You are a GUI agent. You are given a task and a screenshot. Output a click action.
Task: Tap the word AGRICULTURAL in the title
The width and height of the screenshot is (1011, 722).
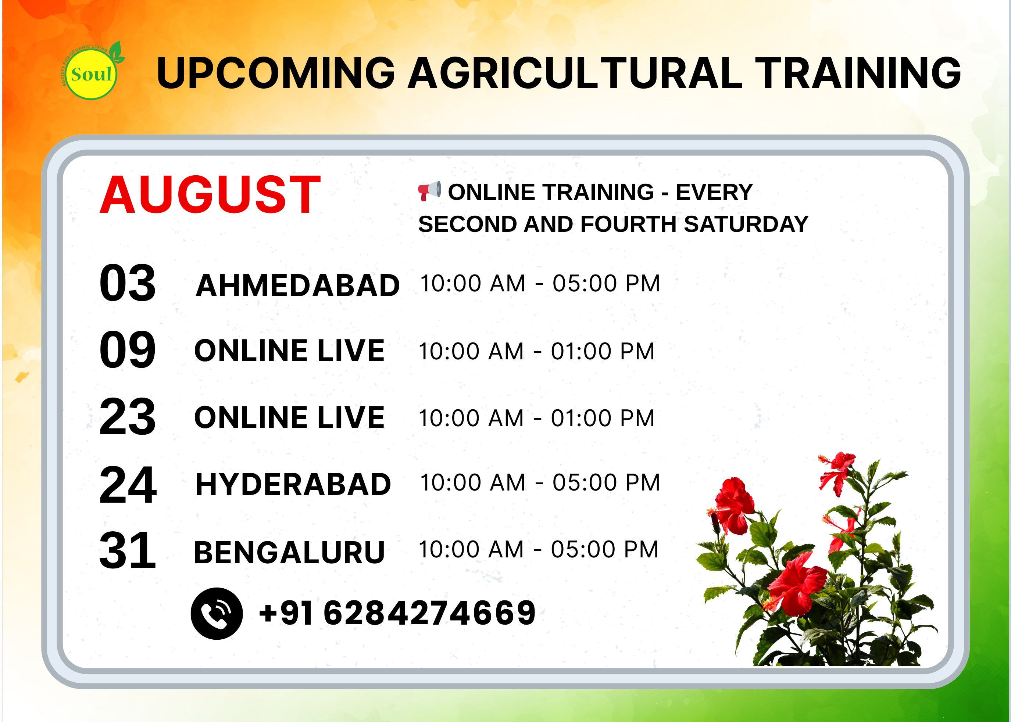[x=575, y=73]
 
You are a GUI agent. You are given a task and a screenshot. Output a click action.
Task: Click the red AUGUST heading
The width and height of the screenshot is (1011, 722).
[x=210, y=195]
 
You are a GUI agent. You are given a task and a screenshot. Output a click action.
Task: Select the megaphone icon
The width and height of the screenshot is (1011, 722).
[x=430, y=191]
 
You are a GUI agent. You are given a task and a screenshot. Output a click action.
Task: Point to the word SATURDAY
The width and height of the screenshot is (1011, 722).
[x=746, y=224]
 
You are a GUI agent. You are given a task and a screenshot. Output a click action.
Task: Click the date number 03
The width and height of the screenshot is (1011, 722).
[x=128, y=283]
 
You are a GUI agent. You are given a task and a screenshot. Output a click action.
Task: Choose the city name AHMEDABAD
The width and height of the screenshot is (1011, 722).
[x=297, y=285]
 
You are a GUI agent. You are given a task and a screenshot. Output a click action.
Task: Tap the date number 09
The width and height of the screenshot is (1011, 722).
[x=128, y=350]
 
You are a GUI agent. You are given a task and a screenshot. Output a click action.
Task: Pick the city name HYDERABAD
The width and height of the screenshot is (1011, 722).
[x=293, y=484]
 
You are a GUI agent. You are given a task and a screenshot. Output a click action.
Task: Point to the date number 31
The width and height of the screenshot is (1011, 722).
[x=128, y=551]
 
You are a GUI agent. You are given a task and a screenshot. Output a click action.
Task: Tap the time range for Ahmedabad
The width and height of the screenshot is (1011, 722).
[x=540, y=283]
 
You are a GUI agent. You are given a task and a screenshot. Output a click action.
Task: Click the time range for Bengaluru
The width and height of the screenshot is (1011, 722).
[x=539, y=550]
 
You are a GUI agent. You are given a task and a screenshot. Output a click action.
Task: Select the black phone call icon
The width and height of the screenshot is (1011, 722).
[x=217, y=614]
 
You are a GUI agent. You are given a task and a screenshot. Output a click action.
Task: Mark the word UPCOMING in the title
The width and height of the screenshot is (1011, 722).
[x=276, y=73]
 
